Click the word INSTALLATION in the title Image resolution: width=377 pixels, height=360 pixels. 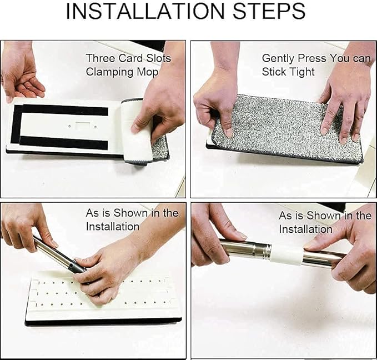145,11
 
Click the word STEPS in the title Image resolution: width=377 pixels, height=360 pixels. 269,11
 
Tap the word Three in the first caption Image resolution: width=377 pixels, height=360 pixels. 100,58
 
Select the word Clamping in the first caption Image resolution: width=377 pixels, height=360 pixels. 109,72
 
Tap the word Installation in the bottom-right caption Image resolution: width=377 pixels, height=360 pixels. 305,229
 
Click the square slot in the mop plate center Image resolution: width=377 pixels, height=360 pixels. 83,126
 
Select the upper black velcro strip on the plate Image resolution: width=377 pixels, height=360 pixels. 65,110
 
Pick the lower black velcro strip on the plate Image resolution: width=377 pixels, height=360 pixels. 63,142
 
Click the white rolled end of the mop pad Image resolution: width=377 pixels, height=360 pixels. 137,131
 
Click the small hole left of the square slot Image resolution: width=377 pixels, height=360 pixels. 69,126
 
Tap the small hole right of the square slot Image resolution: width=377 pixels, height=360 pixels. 95,127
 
